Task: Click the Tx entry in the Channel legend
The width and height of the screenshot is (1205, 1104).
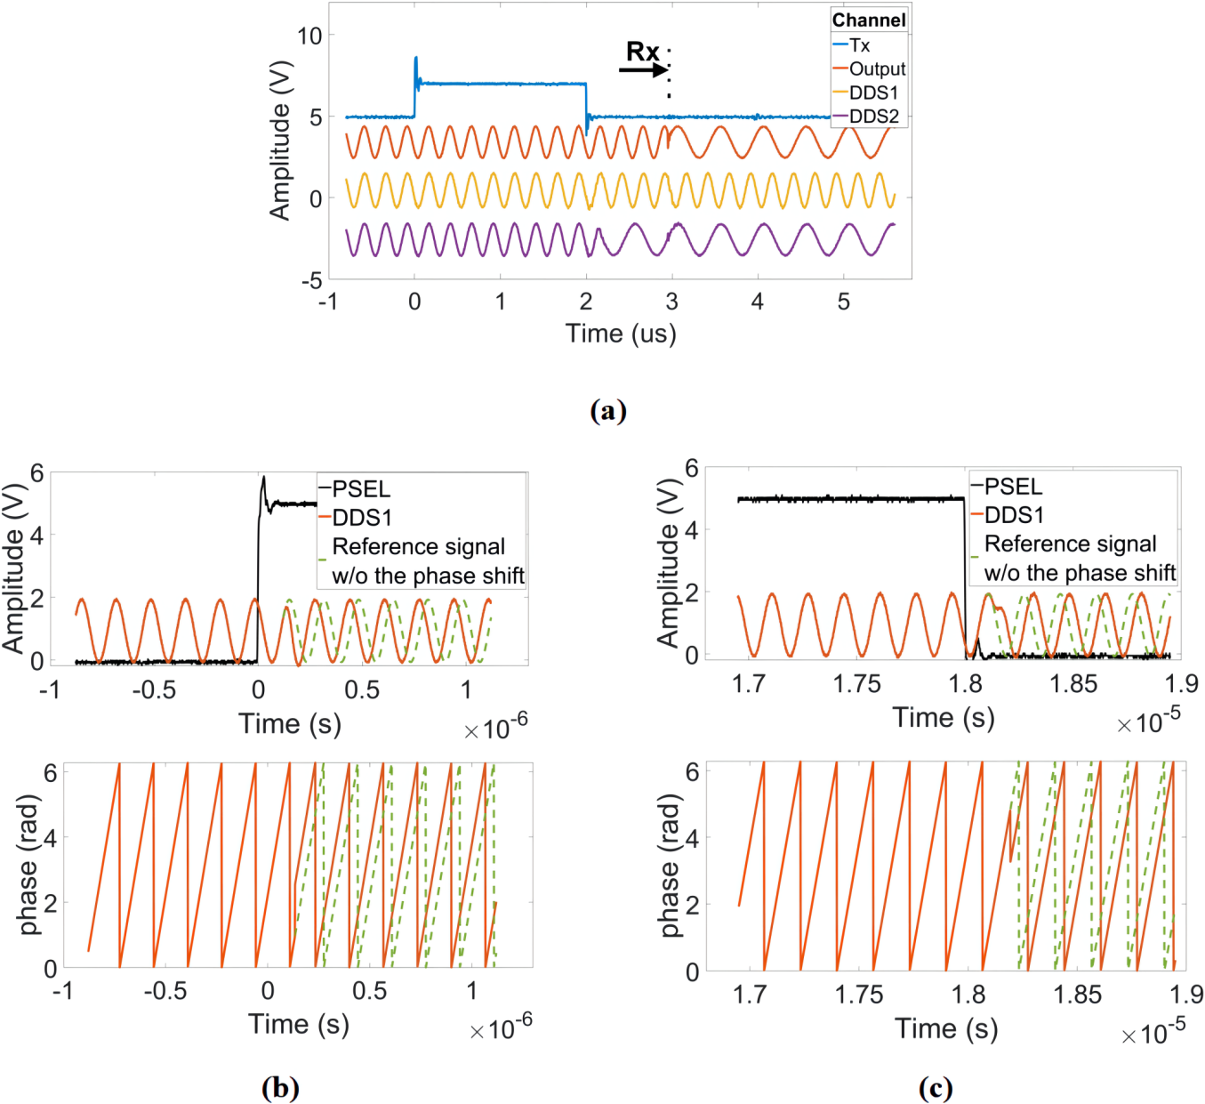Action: [859, 44]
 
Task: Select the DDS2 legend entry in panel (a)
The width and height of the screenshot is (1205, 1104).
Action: [873, 116]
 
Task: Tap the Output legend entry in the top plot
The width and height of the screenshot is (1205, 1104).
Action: [876, 68]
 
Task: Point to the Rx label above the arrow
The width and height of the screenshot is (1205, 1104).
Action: [642, 52]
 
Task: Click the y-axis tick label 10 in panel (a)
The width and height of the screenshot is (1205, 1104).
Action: [309, 36]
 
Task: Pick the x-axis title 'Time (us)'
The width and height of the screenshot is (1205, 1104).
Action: [621, 334]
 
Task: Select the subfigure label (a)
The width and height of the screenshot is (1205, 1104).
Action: [608, 410]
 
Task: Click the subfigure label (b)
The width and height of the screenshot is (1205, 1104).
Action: [280, 1087]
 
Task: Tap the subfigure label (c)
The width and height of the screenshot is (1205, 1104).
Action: [935, 1087]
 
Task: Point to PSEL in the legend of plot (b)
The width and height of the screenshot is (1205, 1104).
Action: [360, 488]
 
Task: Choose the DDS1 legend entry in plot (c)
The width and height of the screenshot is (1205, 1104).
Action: [1013, 515]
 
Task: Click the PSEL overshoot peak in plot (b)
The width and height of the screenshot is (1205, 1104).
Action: [263, 478]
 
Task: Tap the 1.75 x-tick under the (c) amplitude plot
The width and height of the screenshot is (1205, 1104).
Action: [856, 683]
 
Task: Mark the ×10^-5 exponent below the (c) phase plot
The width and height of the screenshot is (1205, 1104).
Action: [1153, 1033]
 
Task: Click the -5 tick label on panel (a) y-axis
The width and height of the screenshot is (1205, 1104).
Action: [310, 281]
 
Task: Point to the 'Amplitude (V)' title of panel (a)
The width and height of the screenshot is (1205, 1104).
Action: [280, 140]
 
